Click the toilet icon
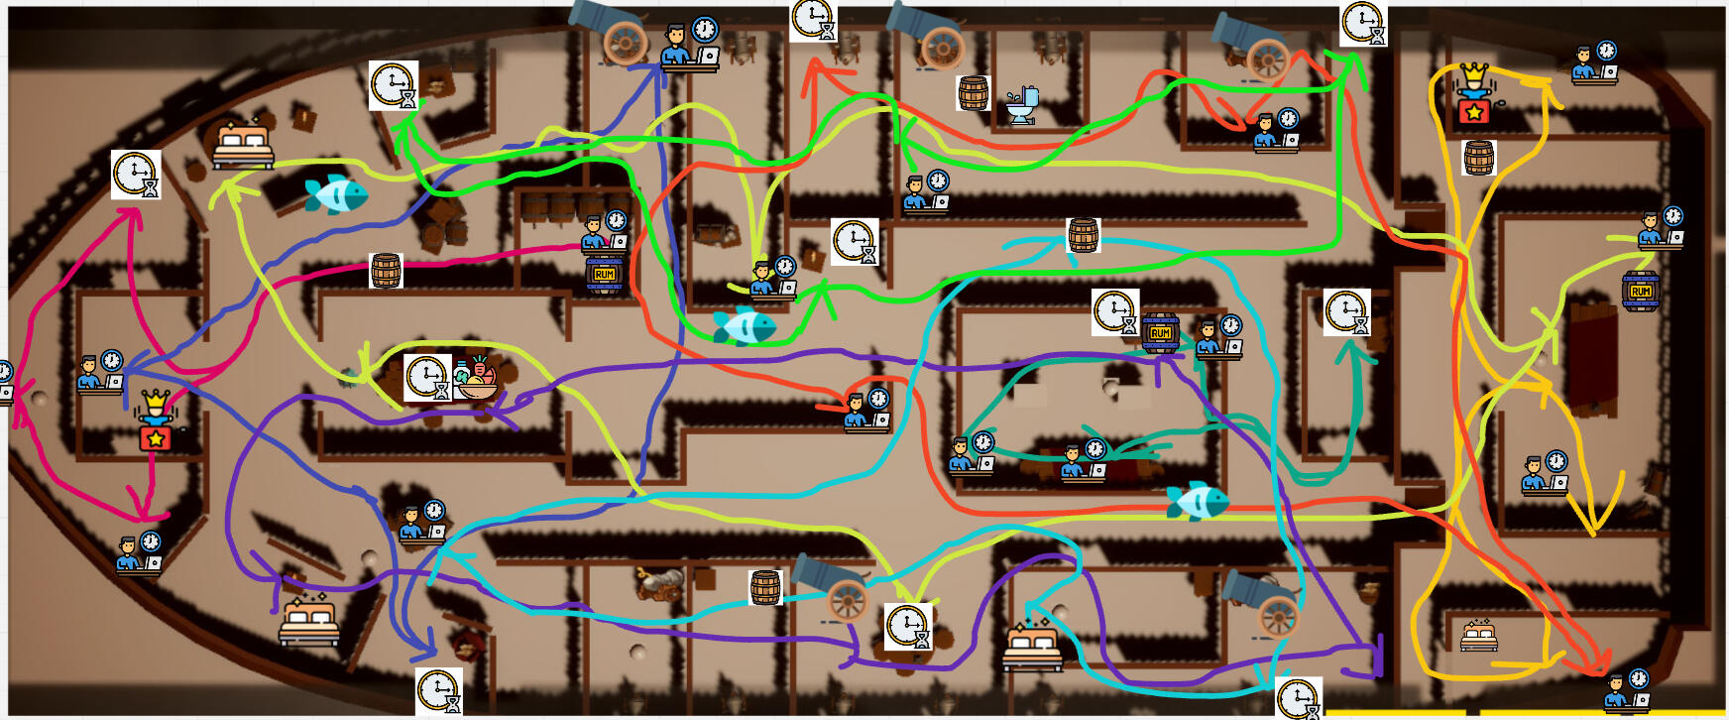(1022, 103)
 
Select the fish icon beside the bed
(335, 194)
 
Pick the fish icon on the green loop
(745, 324)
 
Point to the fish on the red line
(1198, 501)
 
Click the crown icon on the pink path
(156, 420)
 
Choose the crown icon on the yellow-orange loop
(1474, 93)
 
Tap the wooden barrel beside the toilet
(974, 93)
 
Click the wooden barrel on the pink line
(386, 270)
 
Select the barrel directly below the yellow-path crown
(1478, 158)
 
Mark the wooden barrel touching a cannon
(765, 588)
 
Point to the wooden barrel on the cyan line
(1083, 236)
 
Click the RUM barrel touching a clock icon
(1160, 333)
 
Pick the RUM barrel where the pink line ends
(605, 274)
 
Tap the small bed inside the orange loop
(1478, 635)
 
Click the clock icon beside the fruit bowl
(427, 378)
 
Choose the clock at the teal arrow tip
(1346, 311)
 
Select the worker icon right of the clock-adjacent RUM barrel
(1218, 337)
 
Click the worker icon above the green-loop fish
(772, 279)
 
